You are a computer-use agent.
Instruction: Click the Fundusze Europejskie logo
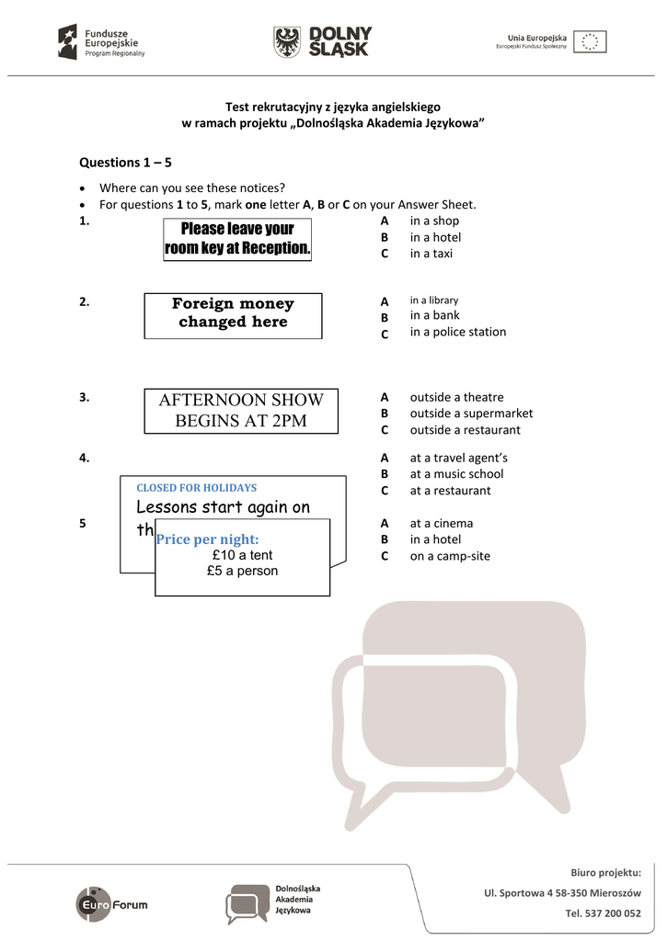click(x=101, y=42)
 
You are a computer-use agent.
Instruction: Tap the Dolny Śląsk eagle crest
click(x=286, y=42)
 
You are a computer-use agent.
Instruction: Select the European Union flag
click(x=590, y=41)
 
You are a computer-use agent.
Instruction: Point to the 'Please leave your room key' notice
click(x=237, y=239)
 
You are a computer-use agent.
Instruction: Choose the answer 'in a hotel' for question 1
click(x=435, y=237)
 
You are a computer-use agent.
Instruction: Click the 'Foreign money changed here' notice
click(x=233, y=313)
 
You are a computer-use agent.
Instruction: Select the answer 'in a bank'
click(x=434, y=315)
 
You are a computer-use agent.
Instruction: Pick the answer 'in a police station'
click(x=457, y=332)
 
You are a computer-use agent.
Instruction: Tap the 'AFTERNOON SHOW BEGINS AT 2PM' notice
click(x=241, y=411)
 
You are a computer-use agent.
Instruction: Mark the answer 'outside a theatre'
click(x=456, y=397)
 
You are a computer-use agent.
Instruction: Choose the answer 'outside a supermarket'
click(x=471, y=414)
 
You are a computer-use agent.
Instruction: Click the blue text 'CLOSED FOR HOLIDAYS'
click(x=197, y=488)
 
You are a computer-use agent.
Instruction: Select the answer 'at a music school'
click(x=456, y=474)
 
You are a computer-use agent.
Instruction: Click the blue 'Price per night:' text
click(x=208, y=539)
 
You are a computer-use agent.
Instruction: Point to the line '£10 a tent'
click(x=242, y=555)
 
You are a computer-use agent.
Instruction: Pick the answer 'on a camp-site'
click(x=450, y=556)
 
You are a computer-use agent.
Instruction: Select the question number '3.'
click(x=84, y=397)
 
